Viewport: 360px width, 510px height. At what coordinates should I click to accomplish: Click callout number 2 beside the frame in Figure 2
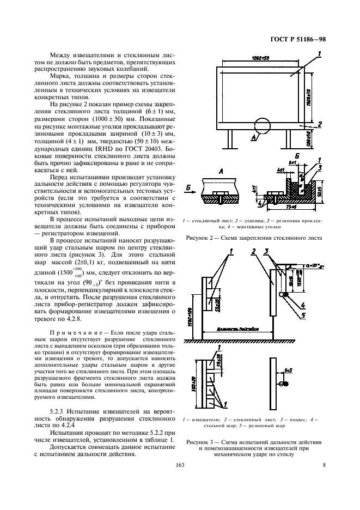pos(320,125)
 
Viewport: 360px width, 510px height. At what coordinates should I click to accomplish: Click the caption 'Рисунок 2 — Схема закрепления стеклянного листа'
pos(254,238)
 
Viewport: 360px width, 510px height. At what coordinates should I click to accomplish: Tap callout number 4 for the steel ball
pos(302,305)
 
